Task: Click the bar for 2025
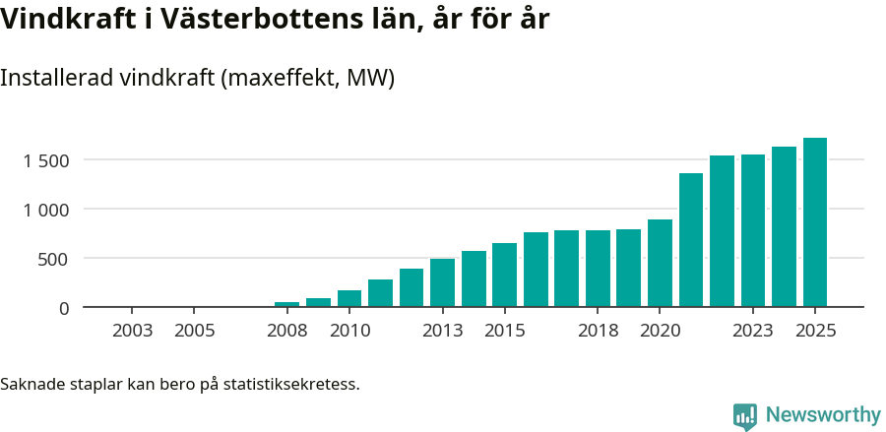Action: (814, 222)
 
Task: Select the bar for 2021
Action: (690, 240)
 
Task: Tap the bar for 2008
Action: (286, 304)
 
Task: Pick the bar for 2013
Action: (442, 282)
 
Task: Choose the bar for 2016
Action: (536, 270)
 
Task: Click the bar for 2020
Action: (660, 263)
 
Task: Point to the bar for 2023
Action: (753, 230)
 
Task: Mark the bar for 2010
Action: (349, 298)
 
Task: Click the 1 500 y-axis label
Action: (46, 160)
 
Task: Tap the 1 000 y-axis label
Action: (46, 210)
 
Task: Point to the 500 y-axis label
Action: (54, 259)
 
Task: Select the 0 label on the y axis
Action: (64, 308)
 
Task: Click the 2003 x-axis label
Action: (132, 331)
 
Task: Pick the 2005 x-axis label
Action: (194, 331)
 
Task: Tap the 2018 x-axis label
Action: (598, 331)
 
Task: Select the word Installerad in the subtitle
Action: (55, 79)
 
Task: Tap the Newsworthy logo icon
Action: (745, 415)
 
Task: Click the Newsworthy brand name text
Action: (823, 415)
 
